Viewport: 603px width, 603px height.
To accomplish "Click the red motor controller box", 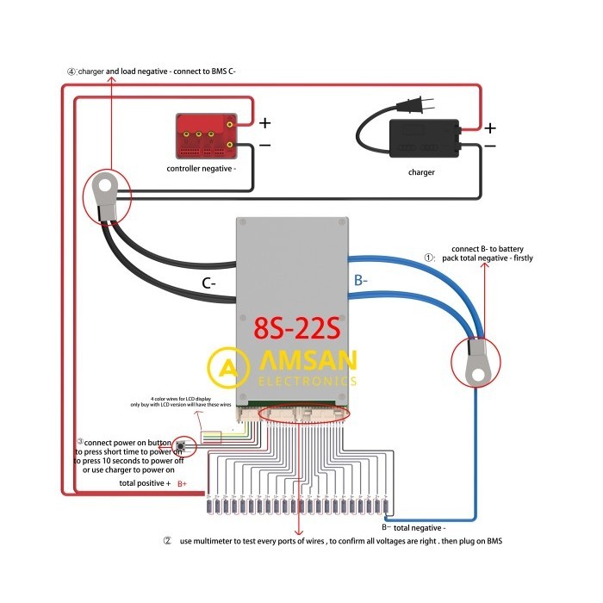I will (207, 136).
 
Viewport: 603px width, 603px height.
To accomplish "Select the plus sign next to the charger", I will (489, 128).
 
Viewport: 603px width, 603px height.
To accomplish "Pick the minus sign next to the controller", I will (264, 146).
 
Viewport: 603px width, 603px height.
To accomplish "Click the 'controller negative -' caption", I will (202, 169).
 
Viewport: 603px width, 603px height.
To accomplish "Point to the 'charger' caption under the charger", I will (421, 172).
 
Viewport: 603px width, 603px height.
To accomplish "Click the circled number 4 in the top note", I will (71, 71).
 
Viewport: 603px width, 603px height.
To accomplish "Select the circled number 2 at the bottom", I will (167, 541).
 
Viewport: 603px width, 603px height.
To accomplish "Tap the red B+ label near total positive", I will (182, 485).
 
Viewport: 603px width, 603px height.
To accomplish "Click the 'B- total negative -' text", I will (413, 526).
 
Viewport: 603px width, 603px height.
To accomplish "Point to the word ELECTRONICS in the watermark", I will (307, 380).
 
